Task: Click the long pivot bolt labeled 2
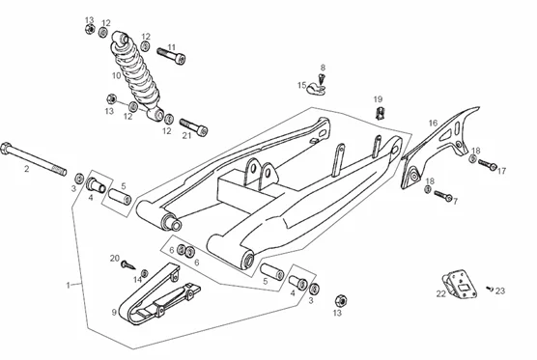33,159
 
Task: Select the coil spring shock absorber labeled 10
136,76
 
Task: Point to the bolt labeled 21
194,126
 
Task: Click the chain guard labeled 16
441,147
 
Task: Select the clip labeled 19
380,113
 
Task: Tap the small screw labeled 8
322,79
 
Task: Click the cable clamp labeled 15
316,88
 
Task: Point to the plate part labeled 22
460,284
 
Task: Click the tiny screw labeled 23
490,289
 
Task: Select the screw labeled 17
488,164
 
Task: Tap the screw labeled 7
443,196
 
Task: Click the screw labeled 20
127,265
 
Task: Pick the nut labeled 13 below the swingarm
341,300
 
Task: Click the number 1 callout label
69,285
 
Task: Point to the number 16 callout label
434,123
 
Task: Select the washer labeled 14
145,273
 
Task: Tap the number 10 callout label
117,75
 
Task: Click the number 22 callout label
440,293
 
